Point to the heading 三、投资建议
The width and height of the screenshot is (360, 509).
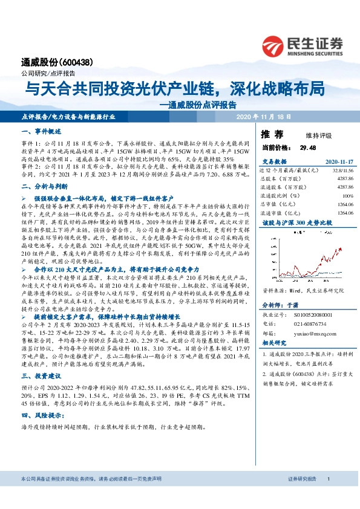pos(41,375)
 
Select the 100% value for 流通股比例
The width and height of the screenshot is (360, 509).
pos(347,196)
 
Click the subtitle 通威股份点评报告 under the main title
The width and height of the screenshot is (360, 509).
pos(201,104)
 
